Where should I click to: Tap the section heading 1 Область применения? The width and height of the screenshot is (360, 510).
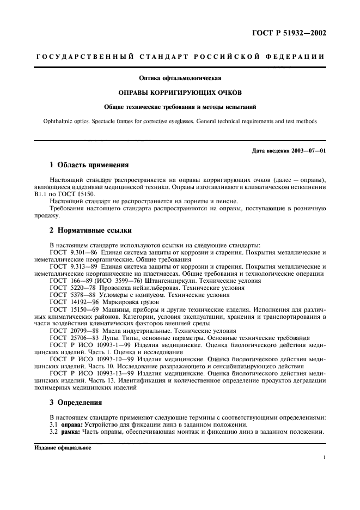[x=89, y=164]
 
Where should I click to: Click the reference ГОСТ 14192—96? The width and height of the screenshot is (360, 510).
[x=70, y=302]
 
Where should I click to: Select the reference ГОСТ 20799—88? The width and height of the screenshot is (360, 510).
[x=70, y=330]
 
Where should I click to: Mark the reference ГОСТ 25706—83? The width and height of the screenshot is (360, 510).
[x=70, y=337]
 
